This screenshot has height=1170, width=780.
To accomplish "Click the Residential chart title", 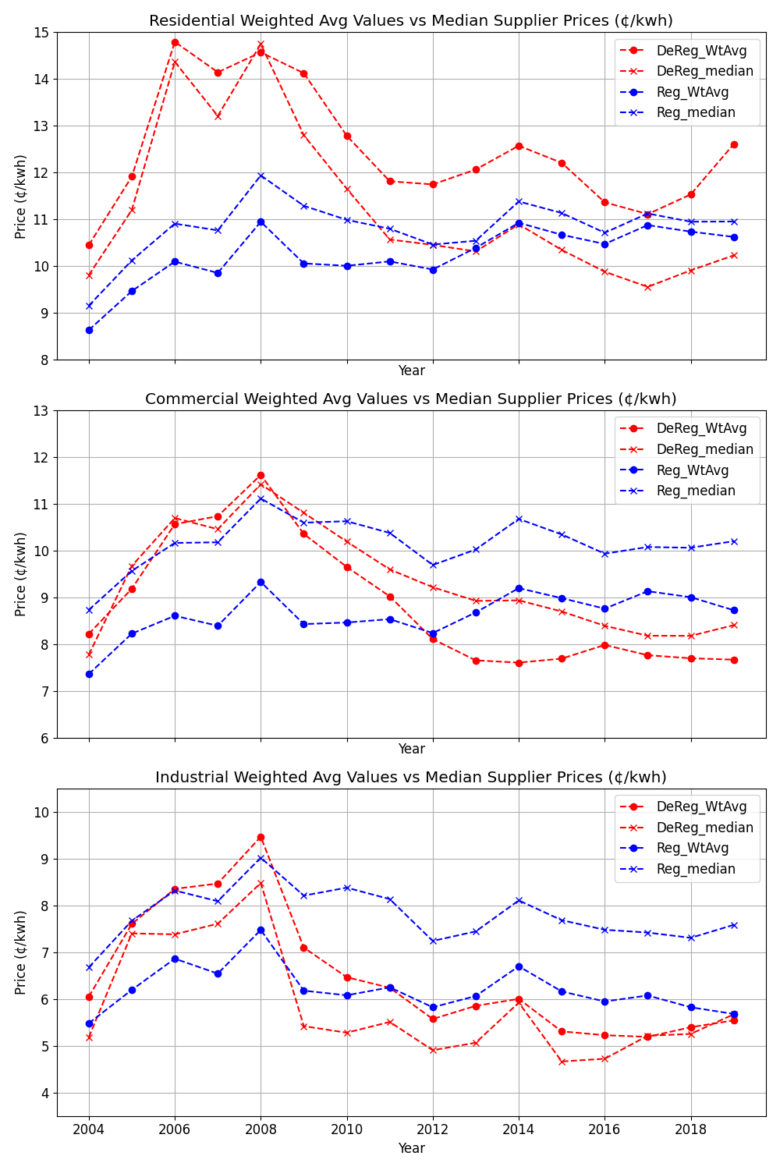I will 411,21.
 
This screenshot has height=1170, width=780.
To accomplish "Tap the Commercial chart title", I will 411,399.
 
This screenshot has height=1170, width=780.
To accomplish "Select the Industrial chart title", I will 411,778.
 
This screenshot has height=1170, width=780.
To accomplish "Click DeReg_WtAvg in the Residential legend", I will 701,51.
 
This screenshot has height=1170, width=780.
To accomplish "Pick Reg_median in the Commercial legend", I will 696,491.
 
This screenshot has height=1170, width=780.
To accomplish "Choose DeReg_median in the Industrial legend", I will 704,828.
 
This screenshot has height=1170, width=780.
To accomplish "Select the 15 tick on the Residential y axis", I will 41,33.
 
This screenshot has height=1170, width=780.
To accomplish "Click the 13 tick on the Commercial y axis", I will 41,411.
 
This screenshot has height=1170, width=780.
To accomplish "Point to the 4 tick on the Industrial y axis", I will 44,1093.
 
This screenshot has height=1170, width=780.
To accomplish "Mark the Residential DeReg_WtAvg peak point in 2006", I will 175,42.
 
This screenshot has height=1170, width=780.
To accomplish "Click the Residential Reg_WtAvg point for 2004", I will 89,330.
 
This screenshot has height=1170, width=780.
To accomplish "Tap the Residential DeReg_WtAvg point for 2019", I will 734,144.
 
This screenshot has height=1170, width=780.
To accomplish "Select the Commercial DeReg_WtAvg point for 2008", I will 261,475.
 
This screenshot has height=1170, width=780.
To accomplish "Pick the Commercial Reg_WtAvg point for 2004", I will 89,674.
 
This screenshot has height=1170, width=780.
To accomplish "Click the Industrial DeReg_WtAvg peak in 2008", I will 261,837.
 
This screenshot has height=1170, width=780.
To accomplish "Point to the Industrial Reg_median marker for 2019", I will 734,925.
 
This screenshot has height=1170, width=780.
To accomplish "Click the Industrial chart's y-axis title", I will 21,952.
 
